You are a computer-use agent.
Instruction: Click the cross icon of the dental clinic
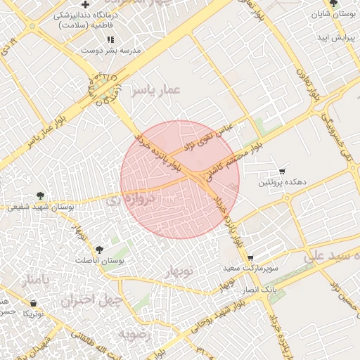tap(85, 6)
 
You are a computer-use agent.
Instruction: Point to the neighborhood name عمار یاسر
tap(159, 89)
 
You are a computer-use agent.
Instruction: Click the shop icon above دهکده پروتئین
tap(282, 171)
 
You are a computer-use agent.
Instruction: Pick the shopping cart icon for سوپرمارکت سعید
tap(250, 258)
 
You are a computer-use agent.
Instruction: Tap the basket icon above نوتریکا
tap(33, 303)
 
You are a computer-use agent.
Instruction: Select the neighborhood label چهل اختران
tap(92, 301)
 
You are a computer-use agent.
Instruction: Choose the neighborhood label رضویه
tap(135, 333)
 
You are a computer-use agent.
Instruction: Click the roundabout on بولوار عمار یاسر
tap(103, 88)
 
